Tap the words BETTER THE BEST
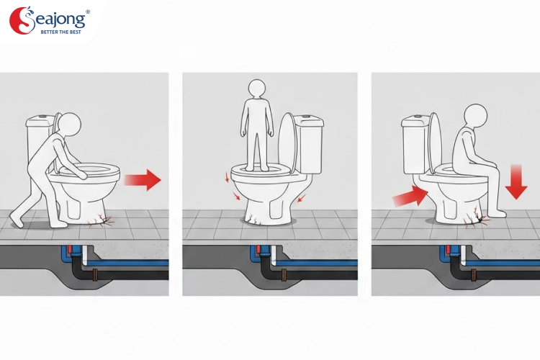pos(61,32)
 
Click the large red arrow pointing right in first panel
pos(143,179)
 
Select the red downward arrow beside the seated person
pos(516,182)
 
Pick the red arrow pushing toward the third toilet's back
pos(410,197)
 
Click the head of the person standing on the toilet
pos(257,89)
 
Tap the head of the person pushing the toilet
pos(70,124)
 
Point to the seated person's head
pos(476,115)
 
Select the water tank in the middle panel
pos(308,144)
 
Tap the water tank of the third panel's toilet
pos(415,145)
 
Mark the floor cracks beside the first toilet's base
pos(101,220)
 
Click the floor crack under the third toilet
pos(476,218)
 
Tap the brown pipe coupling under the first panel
pos(95,275)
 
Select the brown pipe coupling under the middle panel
pos(284,275)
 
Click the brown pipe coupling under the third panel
pos(474,275)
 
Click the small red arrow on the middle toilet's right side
pos(302,198)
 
